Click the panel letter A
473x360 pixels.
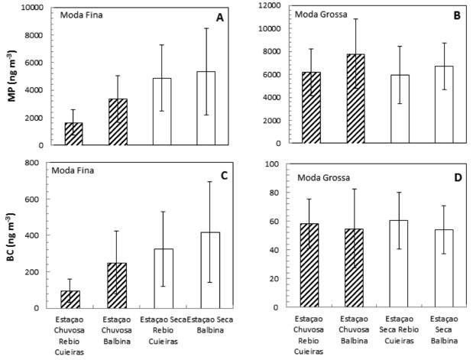pos(219,18)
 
